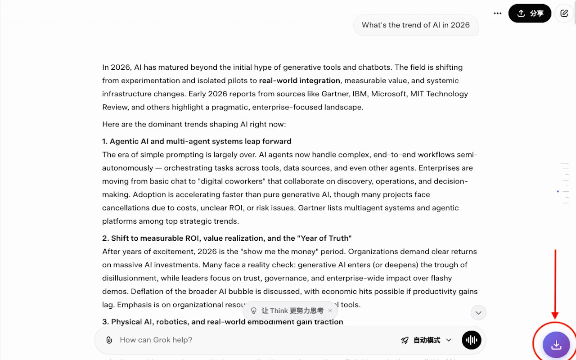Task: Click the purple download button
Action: click(x=556, y=345)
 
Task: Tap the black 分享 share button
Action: click(x=530, y=13)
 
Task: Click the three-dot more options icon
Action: click(x=497, y=13)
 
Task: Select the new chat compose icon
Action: click(x=564, y=13)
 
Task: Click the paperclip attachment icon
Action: click(x=109, y=340)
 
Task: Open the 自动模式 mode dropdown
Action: click(x=426, y=340)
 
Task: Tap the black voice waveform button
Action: click(x=472, y=340)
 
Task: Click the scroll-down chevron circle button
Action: click(x=478, y=313)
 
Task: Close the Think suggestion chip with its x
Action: click(x=330, y=310)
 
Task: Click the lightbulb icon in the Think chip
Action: click(x=254, y=310)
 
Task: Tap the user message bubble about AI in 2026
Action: click(x=415, y=25)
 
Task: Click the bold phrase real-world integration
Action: click(x=299, y=81)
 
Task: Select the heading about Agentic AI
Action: click(x=197, y=141)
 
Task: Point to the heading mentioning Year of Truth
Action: click(x=227, y=238)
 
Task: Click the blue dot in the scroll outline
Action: click(x=558, y=191)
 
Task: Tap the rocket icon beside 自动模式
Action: click(x=405, y=340)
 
